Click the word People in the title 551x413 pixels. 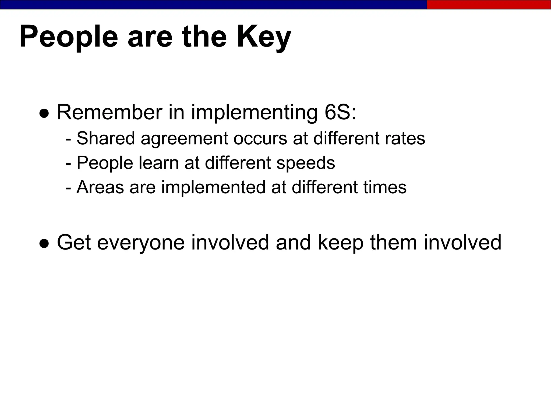coord(69,37)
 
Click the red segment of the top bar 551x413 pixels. coord(489,5)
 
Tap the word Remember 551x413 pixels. coord(110,112)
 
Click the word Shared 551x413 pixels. coord(105,138)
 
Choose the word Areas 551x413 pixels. coord(100,187)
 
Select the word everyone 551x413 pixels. coord(141,243)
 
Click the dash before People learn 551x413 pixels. coord(68,163)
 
